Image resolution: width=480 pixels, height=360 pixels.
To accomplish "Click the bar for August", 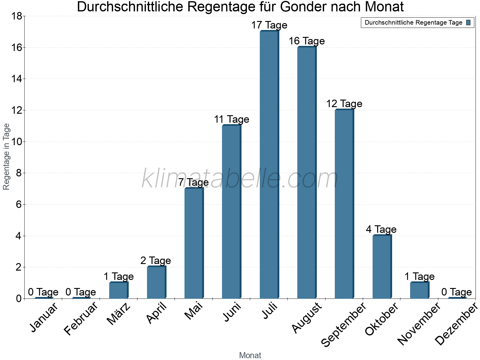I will point(307,172).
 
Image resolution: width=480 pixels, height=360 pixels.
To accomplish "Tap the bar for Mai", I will point(194,243).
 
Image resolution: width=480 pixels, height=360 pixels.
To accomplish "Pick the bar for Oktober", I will point(382,267).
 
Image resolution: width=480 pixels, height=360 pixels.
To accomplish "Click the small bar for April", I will point(156,282).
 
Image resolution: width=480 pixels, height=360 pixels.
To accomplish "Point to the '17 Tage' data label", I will point(269,25).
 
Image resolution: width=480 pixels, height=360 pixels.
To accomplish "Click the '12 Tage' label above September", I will point(344,104).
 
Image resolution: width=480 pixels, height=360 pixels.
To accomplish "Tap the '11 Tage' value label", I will point(231,119).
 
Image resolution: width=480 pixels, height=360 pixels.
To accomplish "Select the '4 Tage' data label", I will point(381,229).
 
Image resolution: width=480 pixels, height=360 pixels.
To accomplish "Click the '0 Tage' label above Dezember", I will point(457,292).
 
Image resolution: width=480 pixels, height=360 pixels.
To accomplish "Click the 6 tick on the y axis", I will point(19,205).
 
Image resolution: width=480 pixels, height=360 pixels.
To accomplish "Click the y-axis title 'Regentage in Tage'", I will point(7,157).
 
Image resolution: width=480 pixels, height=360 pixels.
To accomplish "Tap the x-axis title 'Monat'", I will point(250,355).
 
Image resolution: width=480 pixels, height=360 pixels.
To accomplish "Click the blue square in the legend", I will point(468,22).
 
